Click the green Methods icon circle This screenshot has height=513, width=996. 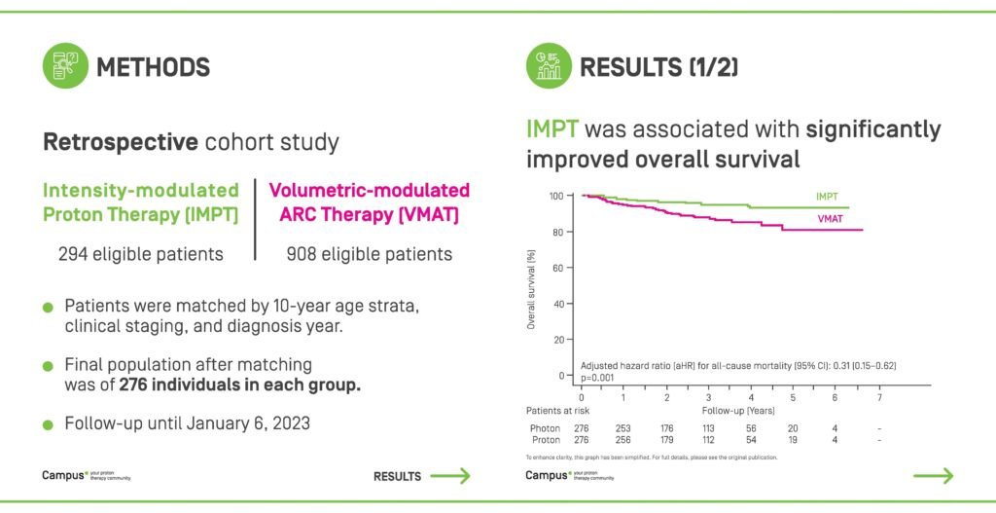[x=65, y=67]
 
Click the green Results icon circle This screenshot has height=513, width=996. [x=550, y=66]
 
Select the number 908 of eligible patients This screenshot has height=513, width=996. [x=304, y=254]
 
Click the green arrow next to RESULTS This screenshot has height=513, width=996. [x=450, y=476]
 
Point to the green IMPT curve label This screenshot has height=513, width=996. [x=830, y=198]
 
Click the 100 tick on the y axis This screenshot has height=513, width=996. [x=555, y=196]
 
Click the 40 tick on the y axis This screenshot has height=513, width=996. [x=558, y=304]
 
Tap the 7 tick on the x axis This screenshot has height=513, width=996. [x=879, y=396]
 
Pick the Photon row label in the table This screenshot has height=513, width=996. [x=545, y=428]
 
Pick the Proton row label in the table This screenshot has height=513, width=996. [x=545, y=441]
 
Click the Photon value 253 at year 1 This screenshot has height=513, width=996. [x=622, y=428]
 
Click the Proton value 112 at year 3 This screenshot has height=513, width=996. [x=708, y=441]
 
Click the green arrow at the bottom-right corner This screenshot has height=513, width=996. [x=934, y=476]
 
